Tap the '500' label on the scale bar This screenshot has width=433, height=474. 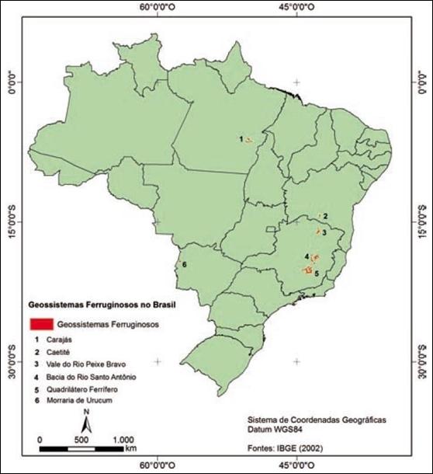[x=81, y=440]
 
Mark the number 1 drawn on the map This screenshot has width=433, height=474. [x=241, y=138]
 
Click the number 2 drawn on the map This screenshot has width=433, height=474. [x=326, y=215]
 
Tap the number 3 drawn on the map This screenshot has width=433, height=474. [x=324, y=232]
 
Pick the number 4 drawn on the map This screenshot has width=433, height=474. [x=307, y=256]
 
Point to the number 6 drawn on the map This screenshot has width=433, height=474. [x=184, y=265]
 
